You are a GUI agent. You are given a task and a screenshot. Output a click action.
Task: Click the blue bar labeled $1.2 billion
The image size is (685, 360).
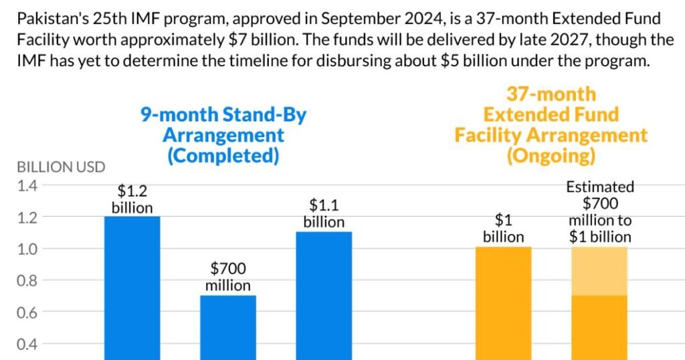coord(132,288)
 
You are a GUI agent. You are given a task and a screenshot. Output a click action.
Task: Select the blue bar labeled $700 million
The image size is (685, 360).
coord(227,327)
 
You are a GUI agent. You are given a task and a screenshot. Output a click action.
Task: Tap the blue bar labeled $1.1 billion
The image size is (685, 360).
coord(324,295)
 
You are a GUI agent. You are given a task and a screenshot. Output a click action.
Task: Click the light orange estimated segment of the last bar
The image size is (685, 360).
coord(599,271)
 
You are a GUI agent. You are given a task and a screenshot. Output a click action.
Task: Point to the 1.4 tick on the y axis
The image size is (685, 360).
coord(28,185)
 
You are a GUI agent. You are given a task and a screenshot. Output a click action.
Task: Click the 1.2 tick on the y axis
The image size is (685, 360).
coord(28,217)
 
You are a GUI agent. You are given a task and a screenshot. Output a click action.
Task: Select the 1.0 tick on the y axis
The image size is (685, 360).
coord(28,249)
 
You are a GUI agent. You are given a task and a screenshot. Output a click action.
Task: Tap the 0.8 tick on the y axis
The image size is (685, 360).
coord(28,280)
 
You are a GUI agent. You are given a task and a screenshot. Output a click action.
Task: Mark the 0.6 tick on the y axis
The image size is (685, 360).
coord(28,312)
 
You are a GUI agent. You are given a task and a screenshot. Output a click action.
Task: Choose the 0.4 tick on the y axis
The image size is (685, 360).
coord(28,344)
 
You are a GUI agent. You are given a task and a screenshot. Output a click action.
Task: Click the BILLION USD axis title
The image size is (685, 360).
coord(61,167)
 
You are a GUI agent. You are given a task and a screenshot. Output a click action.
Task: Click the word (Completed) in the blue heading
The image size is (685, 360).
coord(223,155)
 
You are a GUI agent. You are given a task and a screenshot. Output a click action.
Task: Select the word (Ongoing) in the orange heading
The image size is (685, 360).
coord(551,156)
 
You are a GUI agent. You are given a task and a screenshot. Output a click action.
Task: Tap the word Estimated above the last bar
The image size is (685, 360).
coord(600,187)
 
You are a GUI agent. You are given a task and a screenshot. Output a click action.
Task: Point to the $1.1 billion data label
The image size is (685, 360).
coord(324,213)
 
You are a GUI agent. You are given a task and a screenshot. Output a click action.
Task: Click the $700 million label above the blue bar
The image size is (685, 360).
coord(228,277)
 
